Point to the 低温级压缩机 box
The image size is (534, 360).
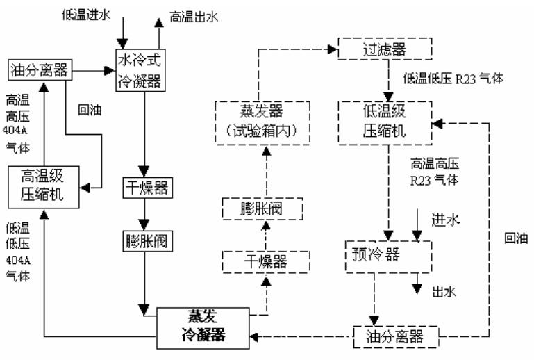click(383, 123)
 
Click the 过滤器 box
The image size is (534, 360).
click(384, 49)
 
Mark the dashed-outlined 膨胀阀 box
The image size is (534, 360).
click(262, 208)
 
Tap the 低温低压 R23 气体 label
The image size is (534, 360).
click(453, 79)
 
